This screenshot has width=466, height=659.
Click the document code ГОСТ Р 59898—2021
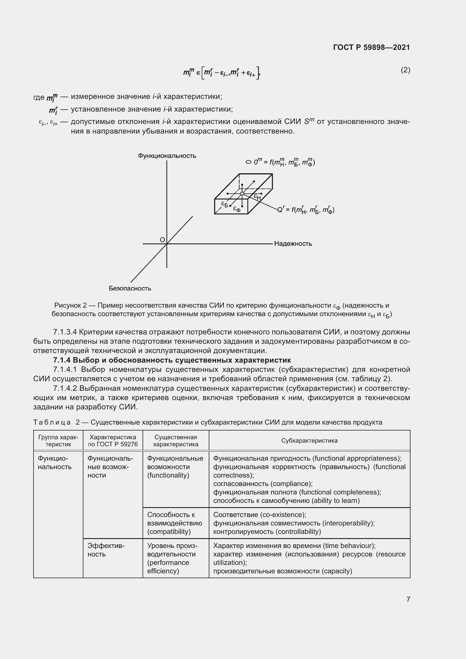[371, 47]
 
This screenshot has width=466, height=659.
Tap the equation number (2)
[405, 70]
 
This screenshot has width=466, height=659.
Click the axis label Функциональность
[167, 156]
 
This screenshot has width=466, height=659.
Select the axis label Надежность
[293, 244]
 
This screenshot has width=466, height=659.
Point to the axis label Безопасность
[130, 289]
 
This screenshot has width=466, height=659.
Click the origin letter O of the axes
[162, 240]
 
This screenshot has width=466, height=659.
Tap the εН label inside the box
[258, 197]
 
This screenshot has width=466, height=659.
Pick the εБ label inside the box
[224, 204]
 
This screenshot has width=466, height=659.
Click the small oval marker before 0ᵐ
[248, 162]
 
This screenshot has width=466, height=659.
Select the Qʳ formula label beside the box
[306, 210]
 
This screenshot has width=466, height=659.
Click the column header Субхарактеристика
[309, 441]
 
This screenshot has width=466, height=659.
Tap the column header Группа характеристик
[58, 441]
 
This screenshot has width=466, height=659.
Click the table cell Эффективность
[106, 550]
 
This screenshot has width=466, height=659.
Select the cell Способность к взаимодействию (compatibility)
[174, 523]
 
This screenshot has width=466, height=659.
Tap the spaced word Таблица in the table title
[52, 422]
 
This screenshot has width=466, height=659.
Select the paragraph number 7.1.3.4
[65, 332]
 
